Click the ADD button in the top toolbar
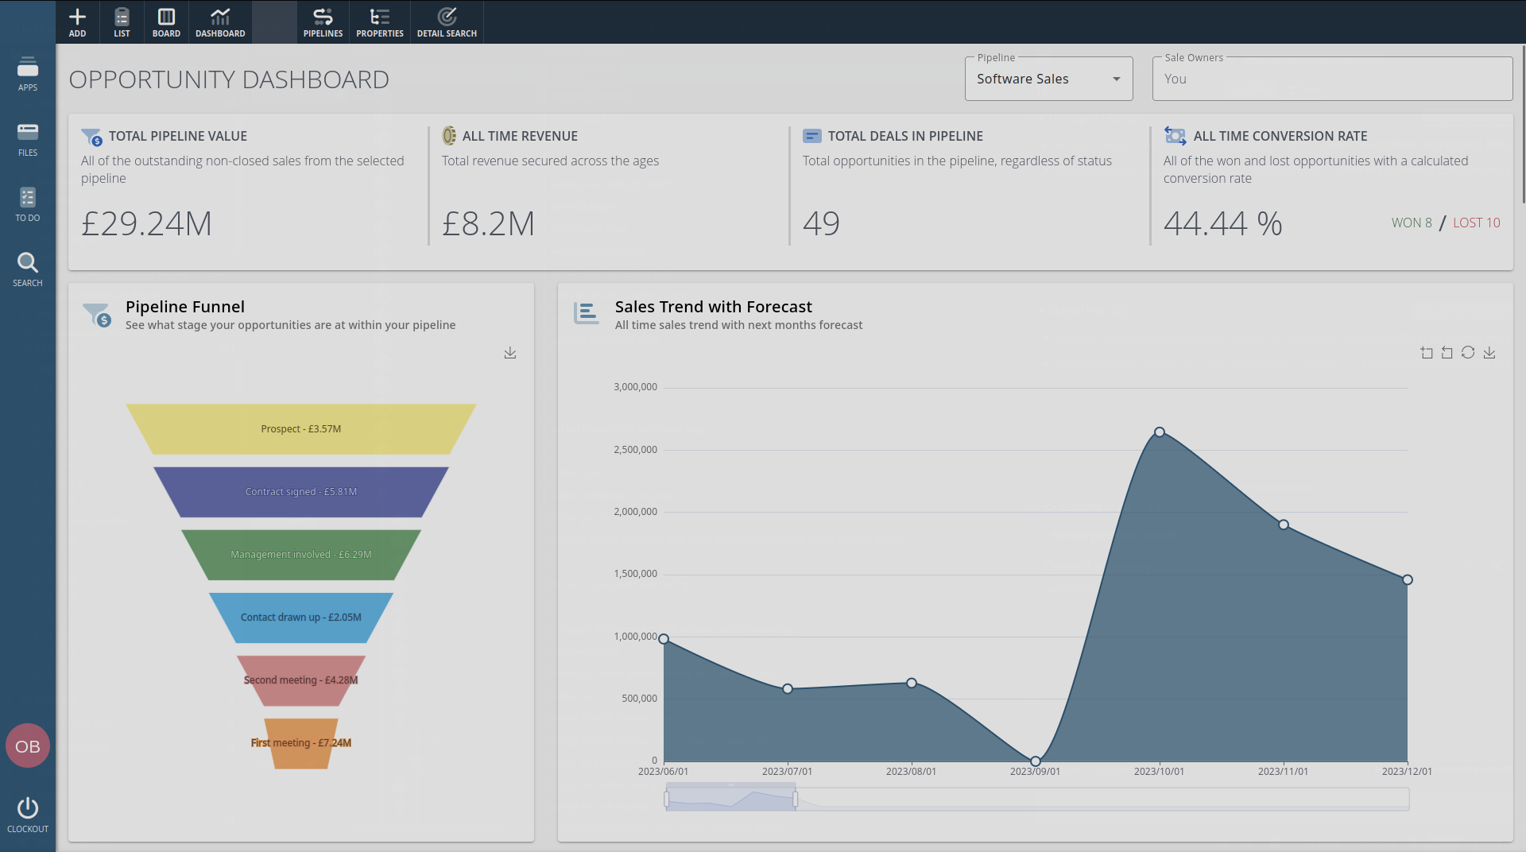[77, 22]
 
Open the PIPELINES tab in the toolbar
[323, 22]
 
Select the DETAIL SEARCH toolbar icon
[447, 22]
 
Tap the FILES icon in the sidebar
[28, 138]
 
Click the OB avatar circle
[28, 746]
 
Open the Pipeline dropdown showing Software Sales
[1048, 79]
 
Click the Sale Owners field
[1332, 79]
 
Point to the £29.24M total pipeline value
[147, 223]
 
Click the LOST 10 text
[1476, 223]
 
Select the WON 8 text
[1412, 223]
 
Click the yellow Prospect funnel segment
[301, 429]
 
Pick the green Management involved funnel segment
[301, 555]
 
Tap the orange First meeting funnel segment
[301, 743]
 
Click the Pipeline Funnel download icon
[510, 353]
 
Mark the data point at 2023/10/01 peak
[1160, 432]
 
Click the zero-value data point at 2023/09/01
[1036, 761]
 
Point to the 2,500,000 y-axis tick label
[635, 450]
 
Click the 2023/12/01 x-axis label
[1407, 772]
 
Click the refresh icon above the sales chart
[1468, 353]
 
